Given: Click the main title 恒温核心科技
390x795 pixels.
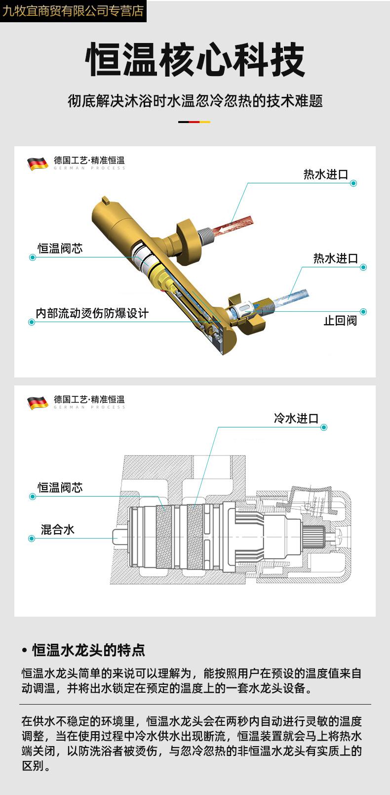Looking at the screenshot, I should pos(195,60).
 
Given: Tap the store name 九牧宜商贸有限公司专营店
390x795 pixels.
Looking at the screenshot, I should pos(73,11).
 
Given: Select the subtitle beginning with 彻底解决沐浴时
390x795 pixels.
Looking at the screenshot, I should pos(195,101).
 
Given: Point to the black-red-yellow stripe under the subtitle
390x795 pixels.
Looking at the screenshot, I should pos(195,122).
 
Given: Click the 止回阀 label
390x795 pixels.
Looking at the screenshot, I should pos(340,321).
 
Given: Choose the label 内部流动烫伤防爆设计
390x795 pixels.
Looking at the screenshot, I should pos(92,313).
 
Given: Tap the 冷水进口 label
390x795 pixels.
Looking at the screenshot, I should pos(296,418).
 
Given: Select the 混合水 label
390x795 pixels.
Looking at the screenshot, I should pos(57,530).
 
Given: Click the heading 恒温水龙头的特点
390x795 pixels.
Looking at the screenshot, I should pos(89,650).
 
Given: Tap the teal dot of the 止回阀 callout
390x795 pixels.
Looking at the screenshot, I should pos(363,312).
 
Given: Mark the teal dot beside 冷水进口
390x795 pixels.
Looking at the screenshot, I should pos(324,427).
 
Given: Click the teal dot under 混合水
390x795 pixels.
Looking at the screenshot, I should pos(32,538).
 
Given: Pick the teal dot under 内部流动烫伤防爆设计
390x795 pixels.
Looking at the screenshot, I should pos(32,322).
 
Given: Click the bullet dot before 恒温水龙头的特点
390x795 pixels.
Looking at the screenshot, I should pos(25,650).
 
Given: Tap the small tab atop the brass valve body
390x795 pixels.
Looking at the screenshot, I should pos(105,200).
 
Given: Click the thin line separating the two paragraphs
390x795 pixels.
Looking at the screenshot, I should pos(195,704).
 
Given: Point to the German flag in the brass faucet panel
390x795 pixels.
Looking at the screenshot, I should pos(38,163).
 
